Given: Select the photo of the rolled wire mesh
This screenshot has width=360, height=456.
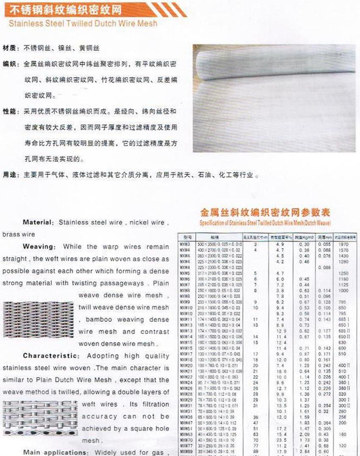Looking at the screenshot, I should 274,98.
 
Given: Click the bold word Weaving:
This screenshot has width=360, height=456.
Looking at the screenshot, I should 39,247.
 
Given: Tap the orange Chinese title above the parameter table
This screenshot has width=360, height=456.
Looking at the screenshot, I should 264,212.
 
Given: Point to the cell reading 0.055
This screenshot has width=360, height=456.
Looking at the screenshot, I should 324,245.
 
